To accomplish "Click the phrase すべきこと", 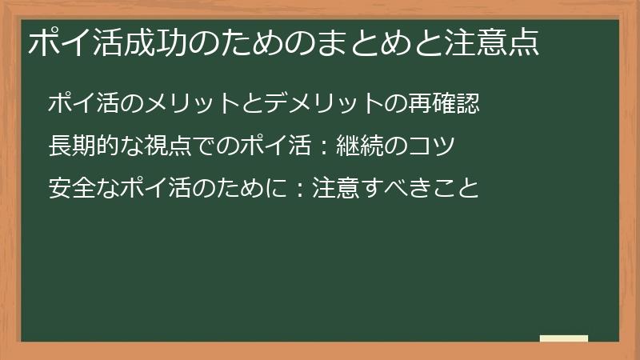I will tap(418, 189).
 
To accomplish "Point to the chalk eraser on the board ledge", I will tap(563, 338).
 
